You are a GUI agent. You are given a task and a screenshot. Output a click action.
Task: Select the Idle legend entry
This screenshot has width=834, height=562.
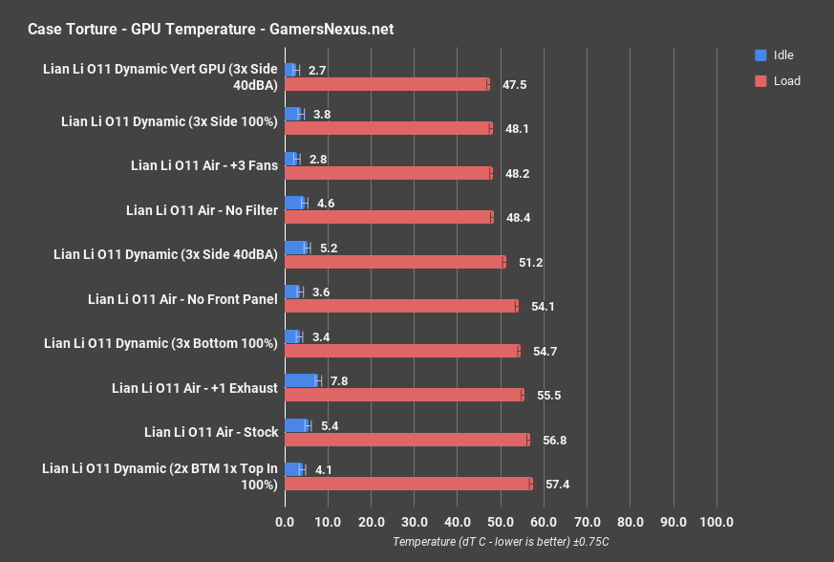click(774, 55)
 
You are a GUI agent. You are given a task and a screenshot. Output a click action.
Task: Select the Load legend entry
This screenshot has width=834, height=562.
click(776, 81)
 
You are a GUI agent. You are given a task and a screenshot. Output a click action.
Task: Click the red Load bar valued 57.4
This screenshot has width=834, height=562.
click(408, 484)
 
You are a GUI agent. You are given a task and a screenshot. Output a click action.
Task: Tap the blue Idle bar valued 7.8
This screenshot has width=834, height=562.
click(302, 380)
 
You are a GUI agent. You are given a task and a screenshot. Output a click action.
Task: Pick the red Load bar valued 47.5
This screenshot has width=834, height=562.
click(387, 84)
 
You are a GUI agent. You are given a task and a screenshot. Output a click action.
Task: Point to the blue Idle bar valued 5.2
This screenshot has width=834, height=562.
click(296, 248)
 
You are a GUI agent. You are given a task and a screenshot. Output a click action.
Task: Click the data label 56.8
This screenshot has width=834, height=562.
click(554, 440)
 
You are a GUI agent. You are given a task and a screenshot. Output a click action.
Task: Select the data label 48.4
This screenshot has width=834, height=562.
click(518, 218)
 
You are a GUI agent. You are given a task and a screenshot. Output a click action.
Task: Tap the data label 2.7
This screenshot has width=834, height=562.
click(318, 70)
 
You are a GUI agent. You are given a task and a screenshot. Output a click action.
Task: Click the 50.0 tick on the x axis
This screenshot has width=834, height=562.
click(500, 522)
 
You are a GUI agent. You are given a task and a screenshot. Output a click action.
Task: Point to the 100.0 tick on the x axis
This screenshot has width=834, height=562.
click(716, 522)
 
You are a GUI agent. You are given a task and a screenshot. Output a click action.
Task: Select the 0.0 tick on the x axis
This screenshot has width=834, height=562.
click(285, 522)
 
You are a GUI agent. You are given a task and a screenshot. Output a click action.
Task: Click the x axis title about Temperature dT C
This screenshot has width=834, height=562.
click(500, 542)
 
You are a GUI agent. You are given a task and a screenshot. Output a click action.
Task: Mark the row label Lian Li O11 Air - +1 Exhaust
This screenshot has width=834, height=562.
click(195, 388)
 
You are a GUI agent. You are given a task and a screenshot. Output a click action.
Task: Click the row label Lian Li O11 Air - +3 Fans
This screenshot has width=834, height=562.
click(204, 165)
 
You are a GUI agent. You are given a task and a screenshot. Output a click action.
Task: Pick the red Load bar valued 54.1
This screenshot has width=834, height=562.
click(401, 306)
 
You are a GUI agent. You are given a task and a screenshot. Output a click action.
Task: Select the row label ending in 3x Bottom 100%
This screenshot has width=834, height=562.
click(160, 343)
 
